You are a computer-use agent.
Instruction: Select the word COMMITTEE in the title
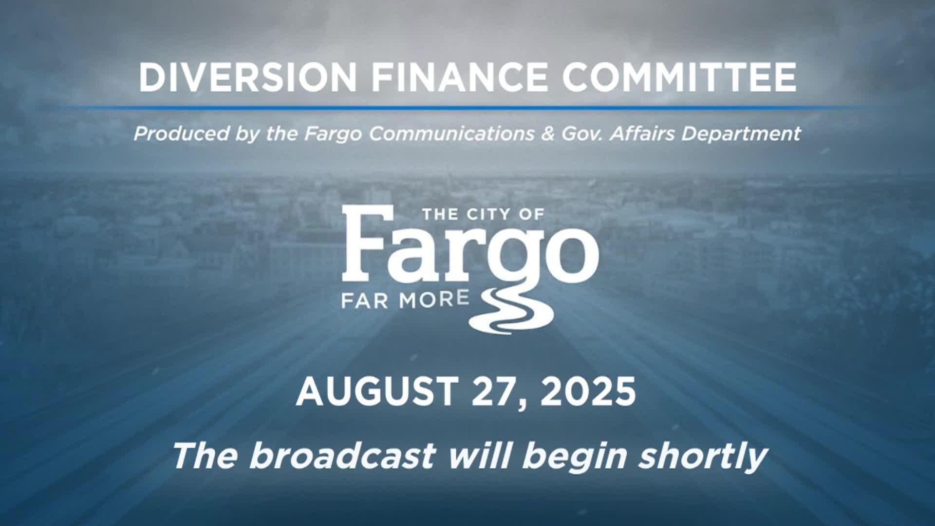[679, 77]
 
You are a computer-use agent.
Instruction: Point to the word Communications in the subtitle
[451, 133]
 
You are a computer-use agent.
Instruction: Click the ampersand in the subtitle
[547, 133]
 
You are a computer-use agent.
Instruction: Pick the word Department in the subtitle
[741, 134]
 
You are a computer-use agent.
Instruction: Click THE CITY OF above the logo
[483, 214]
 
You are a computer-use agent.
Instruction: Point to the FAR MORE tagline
[405, 300]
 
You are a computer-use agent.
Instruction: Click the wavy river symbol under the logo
[511, 312]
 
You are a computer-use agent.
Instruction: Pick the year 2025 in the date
[588, 392]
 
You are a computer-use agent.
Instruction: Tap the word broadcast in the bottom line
[342, 456]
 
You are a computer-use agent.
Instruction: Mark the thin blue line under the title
[467, 107]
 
